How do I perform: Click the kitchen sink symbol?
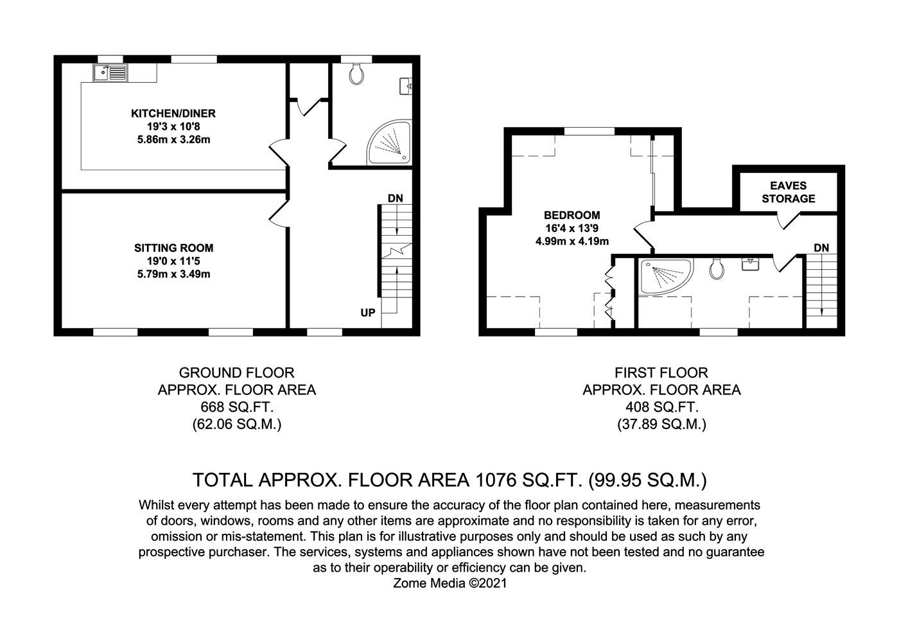pos(110,73)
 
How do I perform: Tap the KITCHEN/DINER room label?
pos(173,114)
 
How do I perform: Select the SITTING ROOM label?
pos(173,248)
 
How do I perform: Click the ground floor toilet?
pos(357,75)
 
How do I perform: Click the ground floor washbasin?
pos(406,85)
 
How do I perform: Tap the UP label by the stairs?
pos(368,313)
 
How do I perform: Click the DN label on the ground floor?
pos(396,198)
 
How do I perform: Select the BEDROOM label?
pos(572,215)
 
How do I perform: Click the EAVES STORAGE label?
pos(789,192)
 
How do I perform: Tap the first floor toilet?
pos(717,269)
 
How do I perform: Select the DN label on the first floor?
pos(821,247)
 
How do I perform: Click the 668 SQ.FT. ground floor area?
pos(236,407)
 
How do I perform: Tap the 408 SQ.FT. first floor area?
pos(661,407)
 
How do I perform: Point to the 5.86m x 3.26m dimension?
pos(173,139)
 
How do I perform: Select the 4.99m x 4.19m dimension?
pos(572,242)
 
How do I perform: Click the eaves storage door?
pos(787,221)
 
